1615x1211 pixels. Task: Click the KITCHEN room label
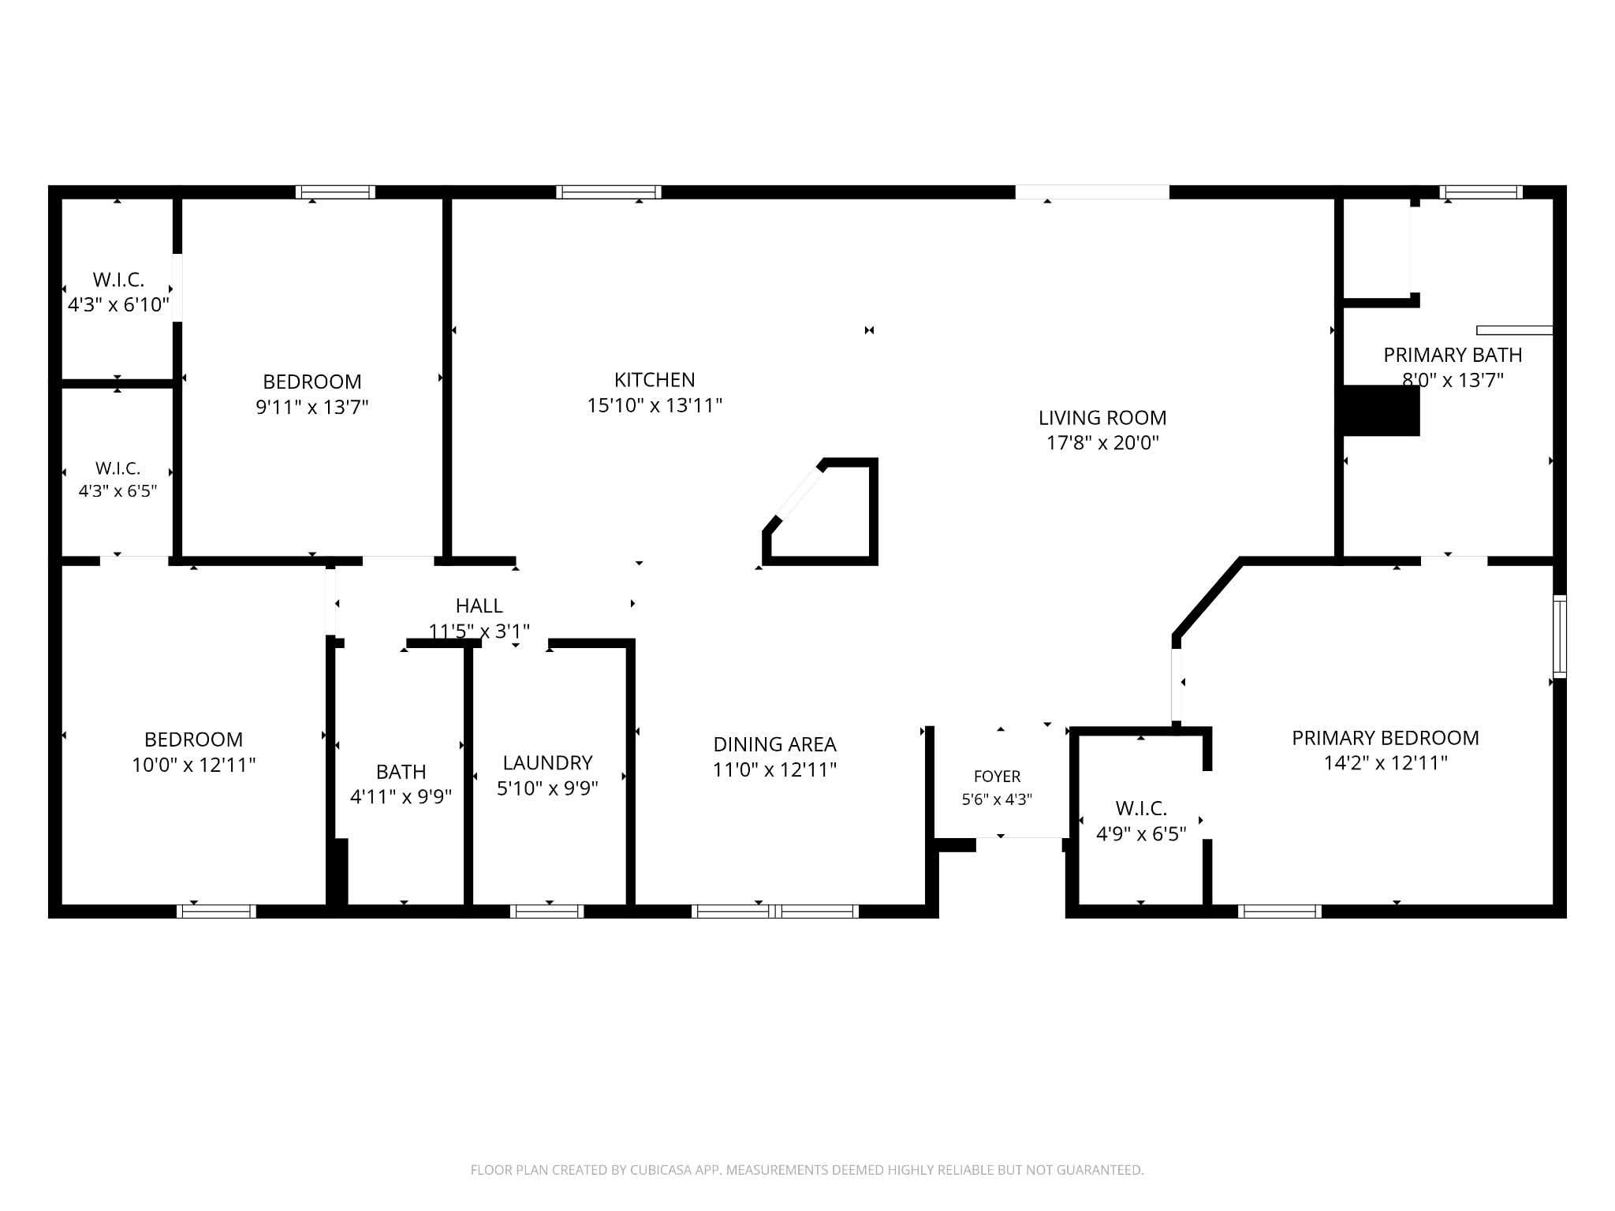coord(655,380)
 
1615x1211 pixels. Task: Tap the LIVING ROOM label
coord(1102,418)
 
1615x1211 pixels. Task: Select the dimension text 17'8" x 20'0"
coord(1102,443)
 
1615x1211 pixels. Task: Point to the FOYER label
coord(997,777)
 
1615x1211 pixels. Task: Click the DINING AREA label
coord(774,744)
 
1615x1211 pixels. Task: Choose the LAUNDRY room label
coord(547,762)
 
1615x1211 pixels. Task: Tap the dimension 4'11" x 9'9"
coord(401,797)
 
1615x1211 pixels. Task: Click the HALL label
coord(479,605)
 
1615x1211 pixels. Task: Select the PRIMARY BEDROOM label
coord(1386,738)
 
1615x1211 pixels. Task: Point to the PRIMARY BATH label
coord(1453,355)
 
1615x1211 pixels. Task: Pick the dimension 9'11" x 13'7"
coord(312,407)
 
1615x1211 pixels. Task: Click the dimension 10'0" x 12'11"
coord(193,765)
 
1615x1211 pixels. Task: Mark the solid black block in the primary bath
coord(1381,410)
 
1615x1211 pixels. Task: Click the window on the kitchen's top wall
coord(608,192)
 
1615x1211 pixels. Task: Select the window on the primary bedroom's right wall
coord(1560,636)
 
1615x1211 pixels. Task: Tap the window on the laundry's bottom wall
coord(546,911)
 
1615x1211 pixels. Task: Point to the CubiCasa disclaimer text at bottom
coord(807,1170)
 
